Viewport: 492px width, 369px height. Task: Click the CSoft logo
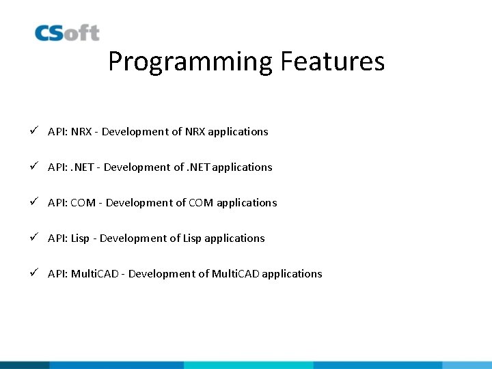pos(67,33)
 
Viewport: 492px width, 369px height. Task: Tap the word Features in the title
pos(332,61)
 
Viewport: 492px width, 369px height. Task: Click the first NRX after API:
pos(82,131)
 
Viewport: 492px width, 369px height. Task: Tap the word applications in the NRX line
pos(238,131)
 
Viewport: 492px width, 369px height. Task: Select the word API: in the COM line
pos(57,202)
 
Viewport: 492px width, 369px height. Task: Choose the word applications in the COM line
pos(247,202)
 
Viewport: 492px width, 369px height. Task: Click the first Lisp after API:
pos(80,238)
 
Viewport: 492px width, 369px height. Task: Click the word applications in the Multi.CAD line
pos(292,273)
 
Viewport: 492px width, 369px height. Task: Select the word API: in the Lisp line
pos(57,238)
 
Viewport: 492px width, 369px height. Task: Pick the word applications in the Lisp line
pos(234,238)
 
